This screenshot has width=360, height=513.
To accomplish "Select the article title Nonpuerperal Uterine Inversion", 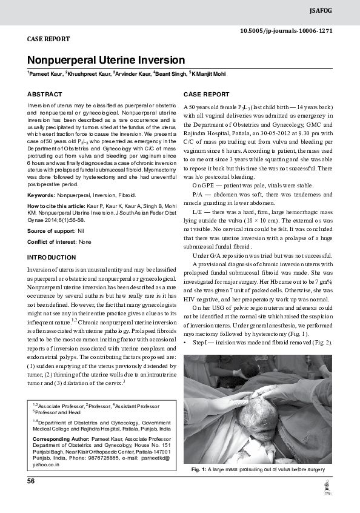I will [x=105, y=60].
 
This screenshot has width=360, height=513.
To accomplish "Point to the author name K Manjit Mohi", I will [x=209, y=74].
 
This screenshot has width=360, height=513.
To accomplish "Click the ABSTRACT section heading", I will [x=45, y=95].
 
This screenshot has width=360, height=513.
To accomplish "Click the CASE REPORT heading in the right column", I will [x=206, y=95].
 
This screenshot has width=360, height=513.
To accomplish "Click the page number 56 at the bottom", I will [x=31, y=481].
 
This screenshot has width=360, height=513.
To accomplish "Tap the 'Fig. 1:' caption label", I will [x=199, y=470].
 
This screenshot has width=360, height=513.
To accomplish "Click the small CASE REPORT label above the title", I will [x=48, y=39].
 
